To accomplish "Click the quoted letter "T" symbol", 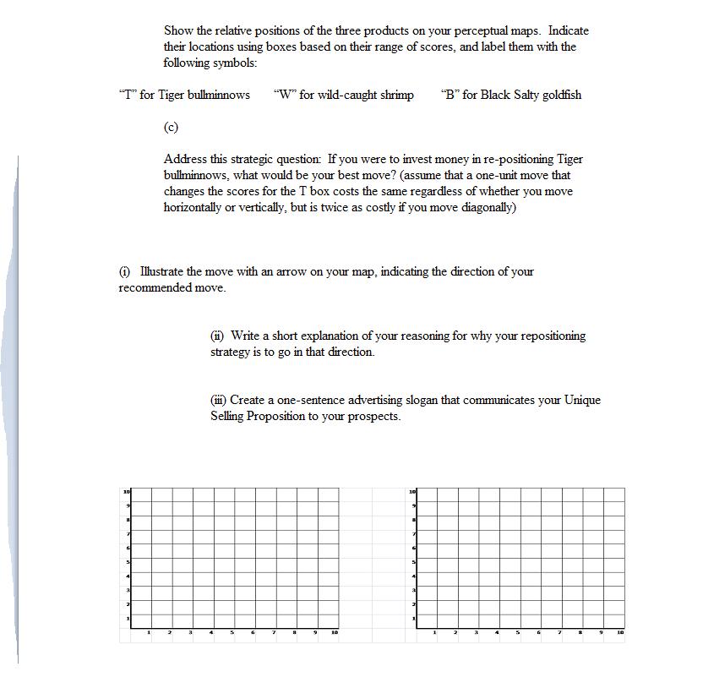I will click(127, 95).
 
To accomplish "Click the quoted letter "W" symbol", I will click(283, 95).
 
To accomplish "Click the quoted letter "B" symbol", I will click(450, 95).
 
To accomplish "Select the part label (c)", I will click(171, 127).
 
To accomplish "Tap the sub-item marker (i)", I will click(124, 271).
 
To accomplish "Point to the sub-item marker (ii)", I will click(218, 336).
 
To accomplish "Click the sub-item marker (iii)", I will click(219, 400).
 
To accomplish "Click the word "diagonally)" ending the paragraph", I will click(485, 207).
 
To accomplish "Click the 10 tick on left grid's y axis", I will click(127, 491).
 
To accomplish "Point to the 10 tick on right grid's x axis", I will click(620, 631).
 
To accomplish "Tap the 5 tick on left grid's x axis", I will click(232, 631).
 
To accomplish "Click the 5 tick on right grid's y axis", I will click(412, 561).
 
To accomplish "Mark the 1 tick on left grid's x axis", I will click(150, 631).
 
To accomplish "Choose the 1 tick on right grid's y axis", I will click(412, 618).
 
